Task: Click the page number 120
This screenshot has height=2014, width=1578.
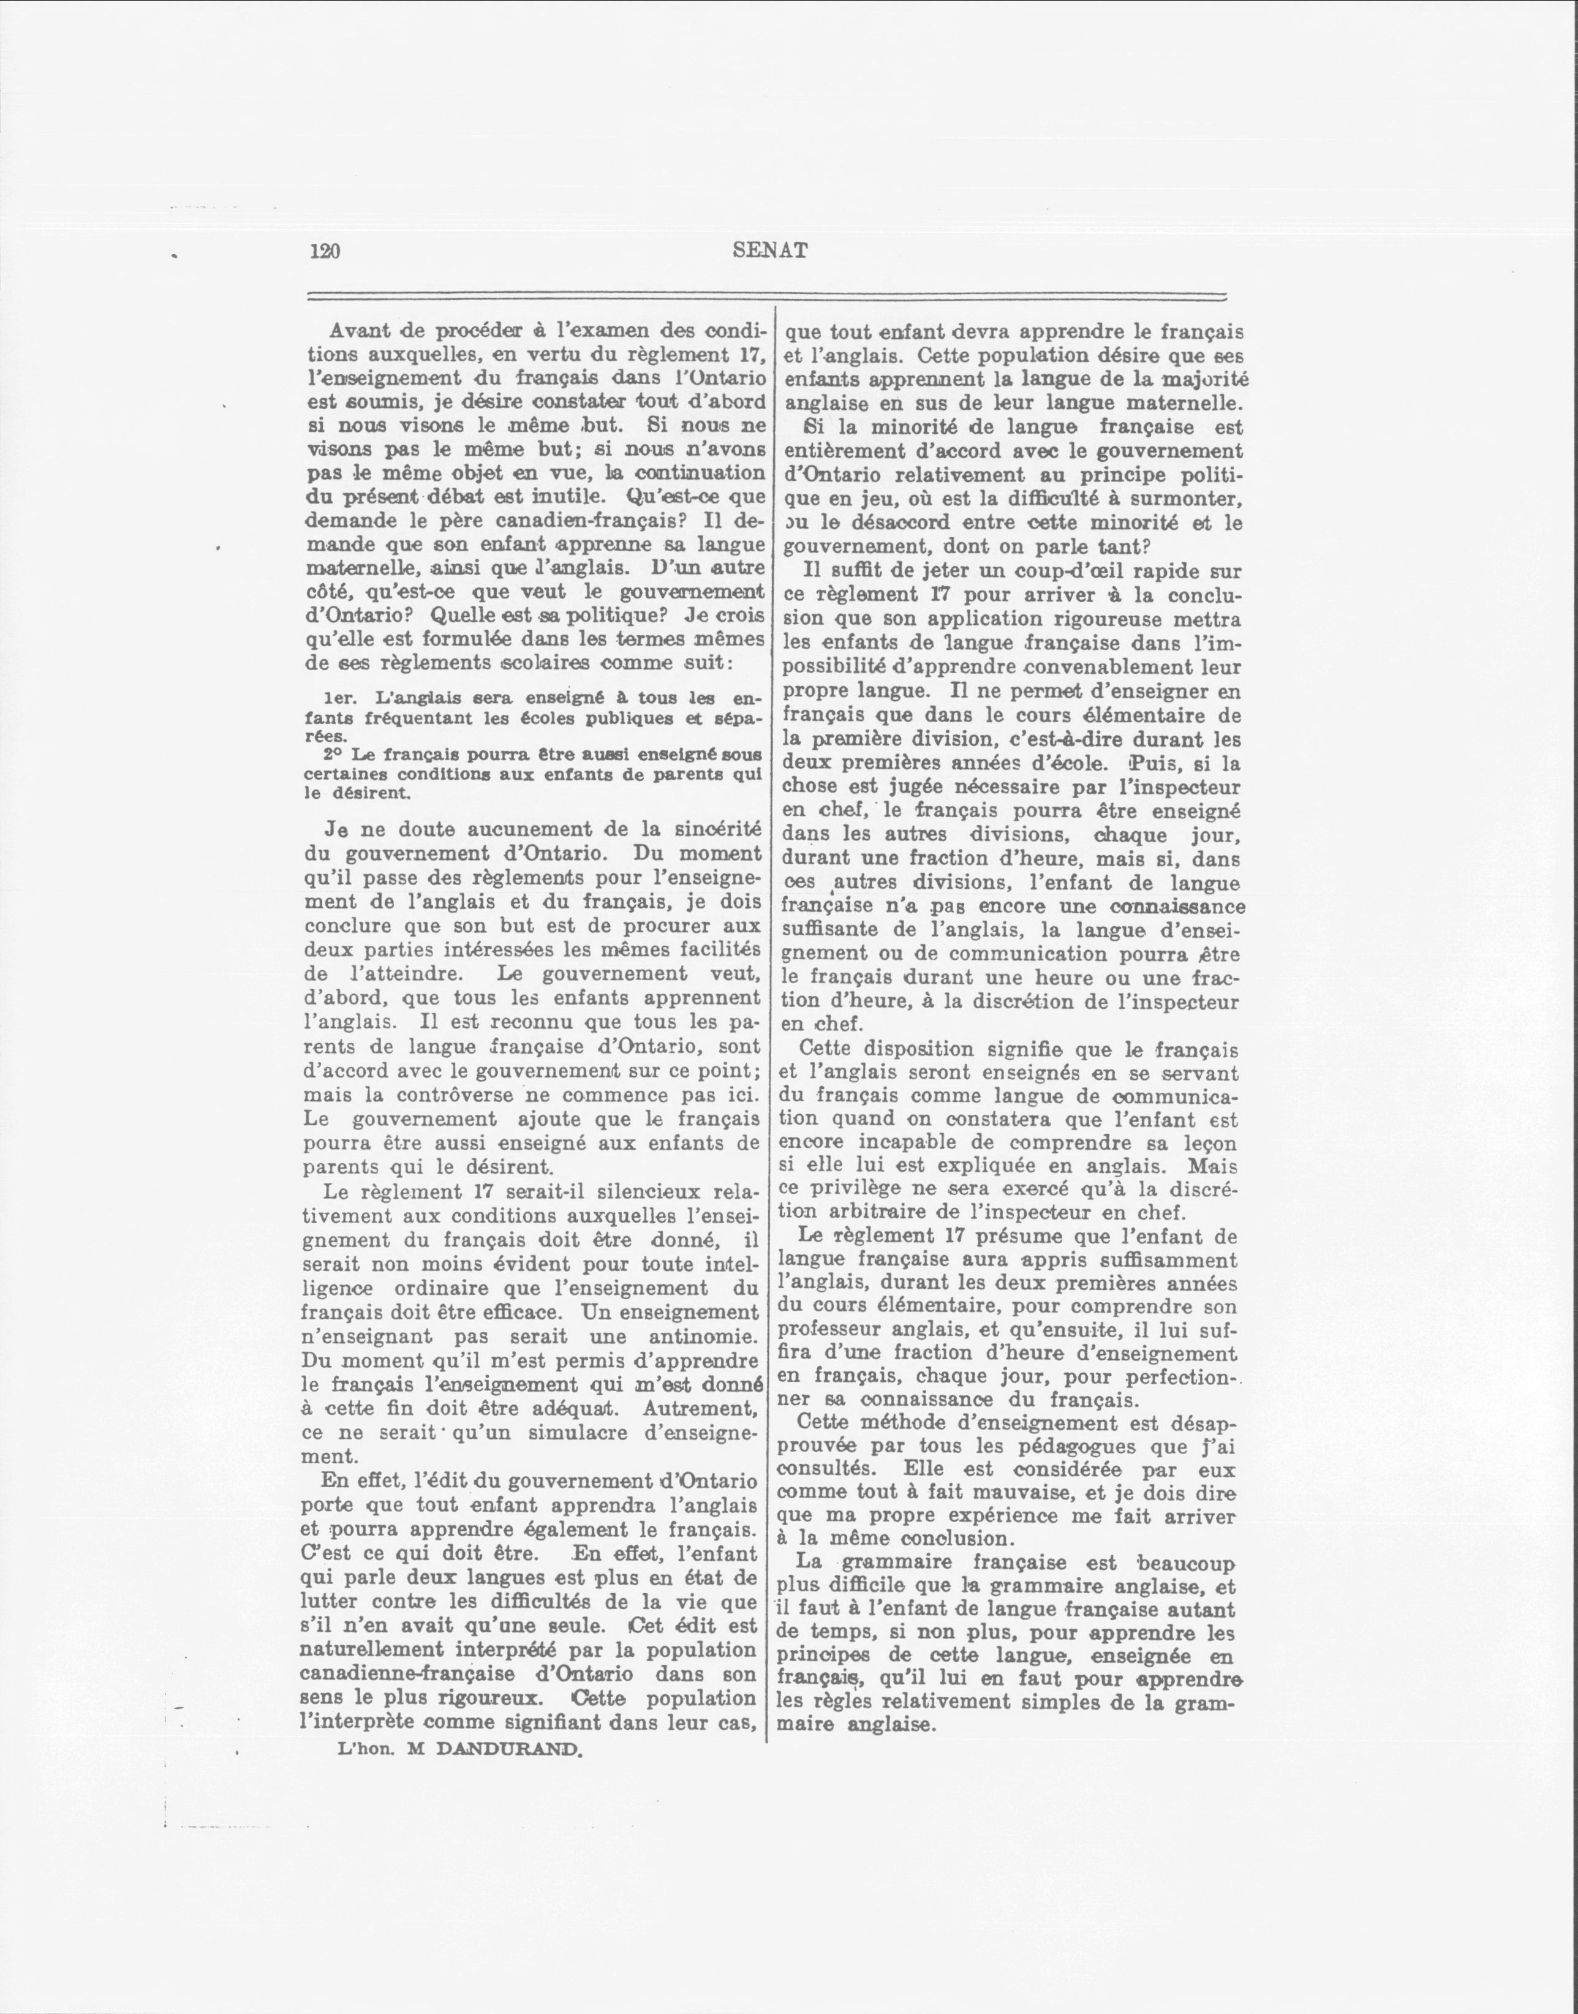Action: [326, 251]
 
